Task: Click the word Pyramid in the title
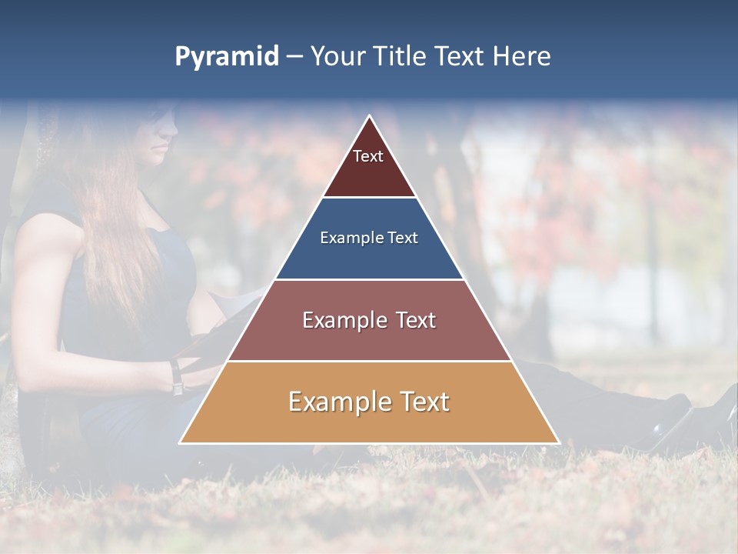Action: [x=226, y=57]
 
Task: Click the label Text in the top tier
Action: [x=368, y=156]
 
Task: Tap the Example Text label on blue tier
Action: [x=369, y=238]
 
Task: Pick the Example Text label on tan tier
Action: [x=369, y=402]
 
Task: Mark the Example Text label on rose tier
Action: [x=369, y=320]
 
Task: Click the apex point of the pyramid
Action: [x=370, y=117]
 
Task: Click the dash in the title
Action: [x=293, y=57]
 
